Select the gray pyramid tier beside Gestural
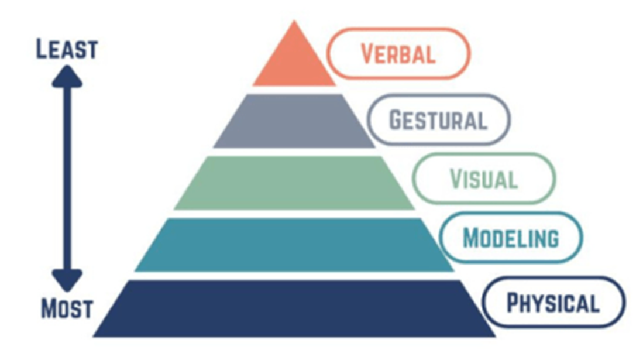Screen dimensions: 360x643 click(294, 121)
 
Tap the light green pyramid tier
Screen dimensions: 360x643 click(294, 183)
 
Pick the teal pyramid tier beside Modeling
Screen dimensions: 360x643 click(294, 244)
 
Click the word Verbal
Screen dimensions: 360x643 click(398, 54)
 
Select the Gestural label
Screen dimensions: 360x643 click(438, 120)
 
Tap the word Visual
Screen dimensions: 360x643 click(483, 179)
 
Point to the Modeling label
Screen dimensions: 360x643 click(511, 238)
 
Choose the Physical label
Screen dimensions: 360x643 click(553, 304)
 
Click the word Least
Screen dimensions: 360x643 click(66, 50)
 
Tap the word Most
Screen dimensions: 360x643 click(67, 308)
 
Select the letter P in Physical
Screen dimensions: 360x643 click(513, 303)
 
